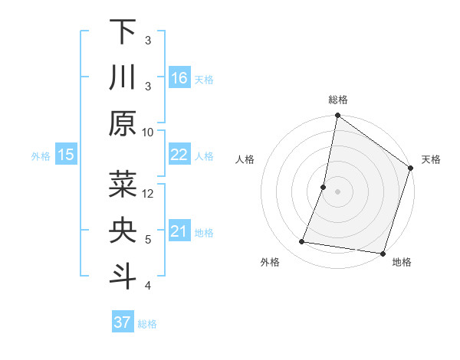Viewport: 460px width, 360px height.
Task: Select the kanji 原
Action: point(123,123)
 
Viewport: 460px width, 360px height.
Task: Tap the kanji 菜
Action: point(123,185)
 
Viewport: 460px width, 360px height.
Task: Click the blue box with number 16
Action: point(179,78)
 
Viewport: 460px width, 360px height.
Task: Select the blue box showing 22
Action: point(179,155)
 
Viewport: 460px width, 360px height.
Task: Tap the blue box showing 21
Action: point(179,231)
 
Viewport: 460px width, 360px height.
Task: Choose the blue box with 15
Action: point(66,155)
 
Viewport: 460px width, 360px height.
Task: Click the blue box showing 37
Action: point(123,322)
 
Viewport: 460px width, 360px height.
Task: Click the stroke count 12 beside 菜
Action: point(148,193)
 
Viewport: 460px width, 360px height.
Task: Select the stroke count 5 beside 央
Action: point(148,239)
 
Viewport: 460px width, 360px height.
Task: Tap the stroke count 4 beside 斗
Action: point(148,285)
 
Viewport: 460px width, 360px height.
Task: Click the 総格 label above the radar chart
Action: point(337,100)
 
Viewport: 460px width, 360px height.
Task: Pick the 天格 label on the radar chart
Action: point(431,159)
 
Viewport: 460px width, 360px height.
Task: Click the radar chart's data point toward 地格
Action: point(382,253)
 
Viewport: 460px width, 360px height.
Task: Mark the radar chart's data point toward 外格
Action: point(302,242)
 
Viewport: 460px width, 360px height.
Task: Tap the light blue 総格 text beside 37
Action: point(148,324)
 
